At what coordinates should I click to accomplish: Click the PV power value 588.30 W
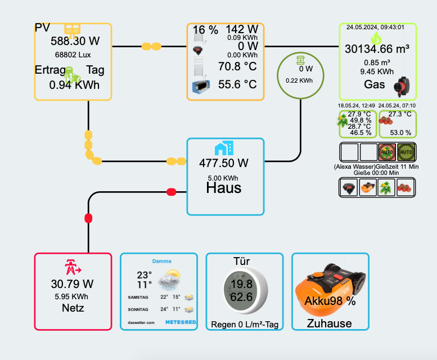point(75,41)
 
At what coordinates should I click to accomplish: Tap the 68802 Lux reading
point(73,55)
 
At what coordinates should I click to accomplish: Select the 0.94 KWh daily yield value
point(74,85)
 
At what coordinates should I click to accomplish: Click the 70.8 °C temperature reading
point(237,67)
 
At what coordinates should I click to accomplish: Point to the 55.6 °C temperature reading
point(237,85)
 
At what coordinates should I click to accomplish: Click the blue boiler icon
point(199,87)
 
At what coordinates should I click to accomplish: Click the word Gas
point(375,85)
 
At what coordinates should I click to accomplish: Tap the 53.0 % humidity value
point(400,133)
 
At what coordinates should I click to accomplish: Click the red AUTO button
point(387,152)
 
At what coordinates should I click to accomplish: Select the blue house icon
point(223,148)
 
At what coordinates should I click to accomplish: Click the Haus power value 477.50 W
point(224,163)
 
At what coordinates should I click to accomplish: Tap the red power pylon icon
point(73,266)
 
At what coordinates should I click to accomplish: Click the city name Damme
point(161,262)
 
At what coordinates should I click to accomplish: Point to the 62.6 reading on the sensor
point(241,296)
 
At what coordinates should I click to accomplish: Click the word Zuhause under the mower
point(330,323)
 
